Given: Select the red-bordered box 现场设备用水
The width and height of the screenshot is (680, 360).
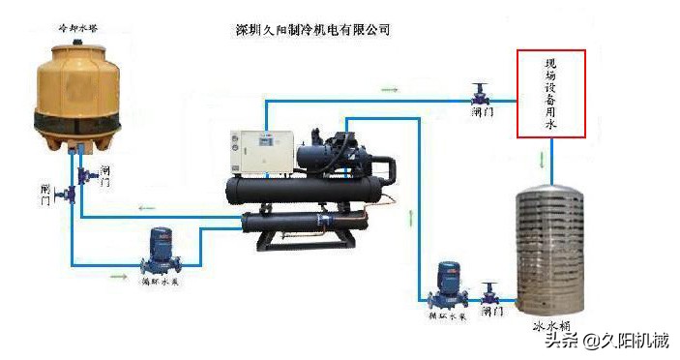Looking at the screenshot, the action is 551,94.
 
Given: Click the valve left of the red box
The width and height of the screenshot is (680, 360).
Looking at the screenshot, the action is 481,94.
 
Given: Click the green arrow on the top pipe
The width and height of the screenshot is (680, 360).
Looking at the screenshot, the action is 389,90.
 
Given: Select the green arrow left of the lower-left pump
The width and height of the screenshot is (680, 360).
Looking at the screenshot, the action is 118,276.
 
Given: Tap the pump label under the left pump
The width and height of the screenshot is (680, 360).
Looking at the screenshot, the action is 160,283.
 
